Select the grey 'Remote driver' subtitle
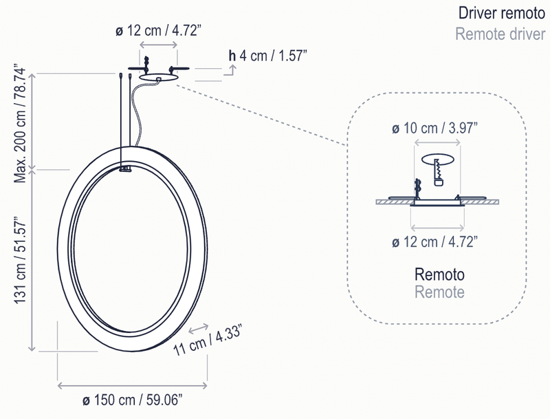(500, 34)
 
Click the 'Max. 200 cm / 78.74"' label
(21, 120)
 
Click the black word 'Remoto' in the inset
(439, 275)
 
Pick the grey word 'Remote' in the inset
(439, 292)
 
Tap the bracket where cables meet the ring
(125, 169)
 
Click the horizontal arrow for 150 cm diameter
(132, 383)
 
